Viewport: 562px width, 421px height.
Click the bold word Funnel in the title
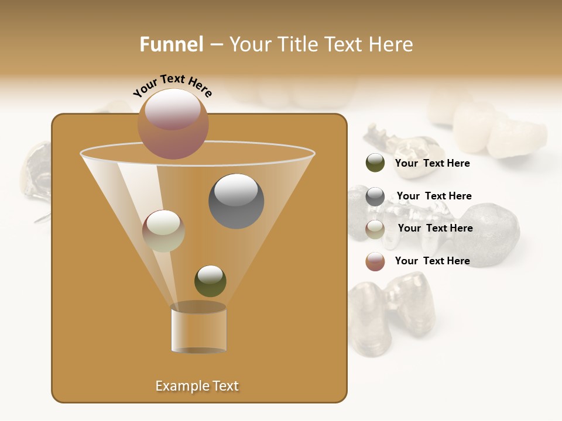pos(171,44)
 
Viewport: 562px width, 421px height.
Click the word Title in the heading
pos(296,44)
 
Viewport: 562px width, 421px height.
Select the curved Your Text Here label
pos(173,86)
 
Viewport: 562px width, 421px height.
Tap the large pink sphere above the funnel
pos(173,124)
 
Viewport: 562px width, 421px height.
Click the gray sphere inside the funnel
pos(236,201)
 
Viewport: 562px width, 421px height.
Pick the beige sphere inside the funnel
pos(163,231)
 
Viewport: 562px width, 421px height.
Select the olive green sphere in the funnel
pos(210,281)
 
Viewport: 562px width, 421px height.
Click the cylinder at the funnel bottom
pos(198,329)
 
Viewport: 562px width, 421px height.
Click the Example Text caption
pos(197,386)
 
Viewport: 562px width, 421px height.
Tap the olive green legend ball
pos(375,163)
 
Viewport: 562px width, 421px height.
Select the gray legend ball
pos(375,196)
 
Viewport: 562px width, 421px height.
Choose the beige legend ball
pos(375,229)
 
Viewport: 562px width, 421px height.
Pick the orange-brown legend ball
pos(375,261)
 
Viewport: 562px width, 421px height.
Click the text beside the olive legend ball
pos(432,164)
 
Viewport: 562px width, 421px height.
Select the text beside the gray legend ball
pos(434,196)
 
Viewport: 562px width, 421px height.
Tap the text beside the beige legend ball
pos(435,228)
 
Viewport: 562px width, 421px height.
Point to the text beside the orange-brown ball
pos(432,261)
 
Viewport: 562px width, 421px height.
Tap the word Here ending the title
pos(393,44)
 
